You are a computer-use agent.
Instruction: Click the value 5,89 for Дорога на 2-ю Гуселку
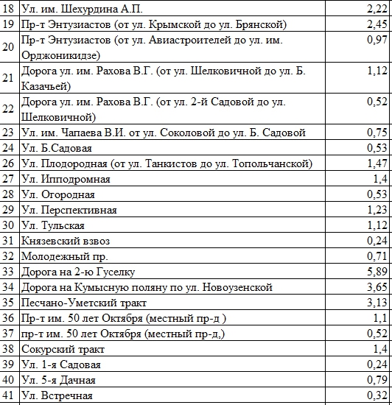click(x=377, y=272)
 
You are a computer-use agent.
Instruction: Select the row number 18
click(x=8, y=8)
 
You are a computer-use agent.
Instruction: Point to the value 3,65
click(x=377, y=287)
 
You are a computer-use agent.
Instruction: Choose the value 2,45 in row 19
click(x=377, y=24)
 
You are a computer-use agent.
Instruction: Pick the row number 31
click(x=8, y=241)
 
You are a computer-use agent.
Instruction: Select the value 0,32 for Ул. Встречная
click(x=377, y=396)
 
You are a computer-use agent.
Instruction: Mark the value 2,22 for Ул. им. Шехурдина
click(x=377, y=8)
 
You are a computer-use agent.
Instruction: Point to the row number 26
click(x=8, y=163)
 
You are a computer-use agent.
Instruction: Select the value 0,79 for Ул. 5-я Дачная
click(x=377, y=381)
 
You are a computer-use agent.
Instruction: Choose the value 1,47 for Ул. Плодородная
click(x=377, y=163)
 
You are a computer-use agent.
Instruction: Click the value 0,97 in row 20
click(x=377, y=40)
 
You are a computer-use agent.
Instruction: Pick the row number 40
click(x=8, y=381)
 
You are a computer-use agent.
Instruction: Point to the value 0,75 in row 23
click(x=377, y=133)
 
